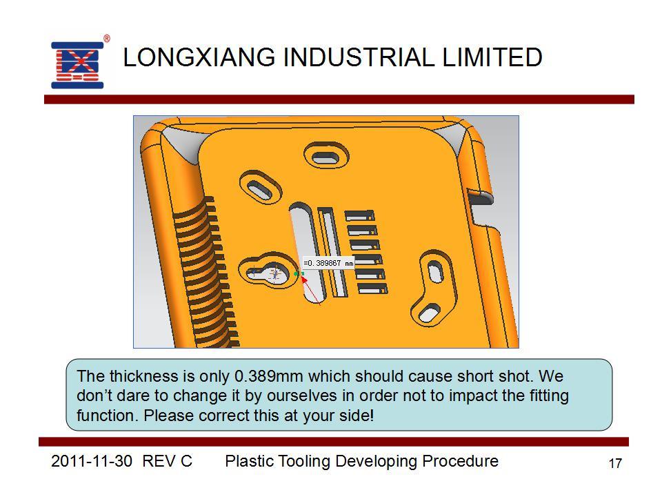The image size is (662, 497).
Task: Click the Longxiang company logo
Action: pyautogui.click(x=77, y=65)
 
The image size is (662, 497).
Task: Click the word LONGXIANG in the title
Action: pyautogui.click(x=199, y=57)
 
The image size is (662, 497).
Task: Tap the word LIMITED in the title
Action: pyautogui.click(x=492, y=57)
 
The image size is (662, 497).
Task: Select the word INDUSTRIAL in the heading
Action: pyautogui.click(x=359, y=57)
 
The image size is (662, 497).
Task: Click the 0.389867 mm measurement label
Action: pyautogui.click(x=328, y=263)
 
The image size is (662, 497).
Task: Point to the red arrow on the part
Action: pyautogui.click(x=311, y=289)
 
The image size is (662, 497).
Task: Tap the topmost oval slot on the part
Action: pyautogui.click(x=325, y=157)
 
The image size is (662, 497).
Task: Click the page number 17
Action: pyautogui.click(x=615, y=464)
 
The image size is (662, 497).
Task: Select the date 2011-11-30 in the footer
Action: pyautogui.click(x=92, y=461)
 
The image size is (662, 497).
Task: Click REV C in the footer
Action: pyautogui.click(x=167, y=461)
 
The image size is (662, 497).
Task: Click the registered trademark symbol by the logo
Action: pyautogui.click(x=107, y=39)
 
